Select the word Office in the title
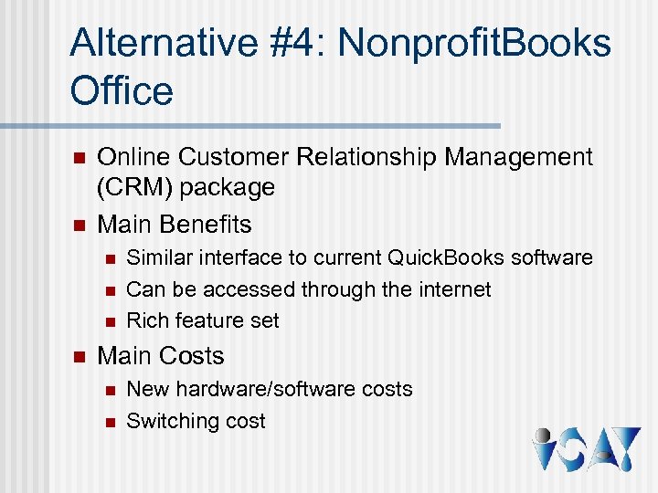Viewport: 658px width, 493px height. tap(121, 91)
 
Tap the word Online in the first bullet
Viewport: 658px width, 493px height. tap(134, 158)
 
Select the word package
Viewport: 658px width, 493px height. tap(229, 188)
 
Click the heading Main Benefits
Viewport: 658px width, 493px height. tap(174, 224)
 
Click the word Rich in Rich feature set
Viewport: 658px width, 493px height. tap(144, 320)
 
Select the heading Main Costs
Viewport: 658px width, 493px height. tap(160, 355)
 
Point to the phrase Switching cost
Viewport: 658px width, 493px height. tap(196, 421)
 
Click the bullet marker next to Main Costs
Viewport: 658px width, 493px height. tap(77, 356)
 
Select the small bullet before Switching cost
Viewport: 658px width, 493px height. tap(109, 422)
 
